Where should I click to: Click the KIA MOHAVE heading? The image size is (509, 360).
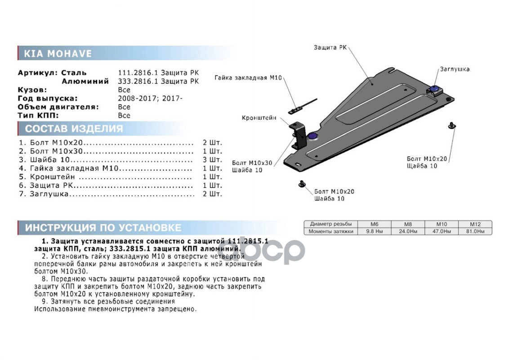[x=58, y=54]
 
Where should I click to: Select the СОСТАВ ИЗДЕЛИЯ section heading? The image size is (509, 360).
[x=74, y=129]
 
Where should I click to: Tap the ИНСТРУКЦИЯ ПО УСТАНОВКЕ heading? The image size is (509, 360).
[x=103, y=227]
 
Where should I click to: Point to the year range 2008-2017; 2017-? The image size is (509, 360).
[x=150, y=98]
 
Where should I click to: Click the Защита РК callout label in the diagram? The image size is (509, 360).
[x=330, y=47]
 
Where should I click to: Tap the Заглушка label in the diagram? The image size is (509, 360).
[x=455, y=69]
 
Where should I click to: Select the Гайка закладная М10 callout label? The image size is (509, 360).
[x=248, y=78]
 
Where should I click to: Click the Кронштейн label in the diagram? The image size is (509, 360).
[x=259, y=117]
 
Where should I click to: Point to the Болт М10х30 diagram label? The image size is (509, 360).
[x=252, y=163]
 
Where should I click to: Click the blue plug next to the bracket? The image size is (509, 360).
[x=313, y=136]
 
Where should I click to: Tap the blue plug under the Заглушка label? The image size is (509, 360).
[x=434, y=89]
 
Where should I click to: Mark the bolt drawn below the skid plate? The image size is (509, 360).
[x=302, y=184]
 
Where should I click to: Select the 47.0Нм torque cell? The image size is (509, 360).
[x=442, y=231]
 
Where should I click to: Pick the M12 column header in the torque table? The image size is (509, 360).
[x=475, y=224]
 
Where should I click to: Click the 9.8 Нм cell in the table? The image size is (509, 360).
[x=374, y=231]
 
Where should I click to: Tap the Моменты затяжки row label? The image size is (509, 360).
[x=331, y=231]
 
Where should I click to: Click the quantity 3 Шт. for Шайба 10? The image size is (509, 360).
[x=212, y=160]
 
